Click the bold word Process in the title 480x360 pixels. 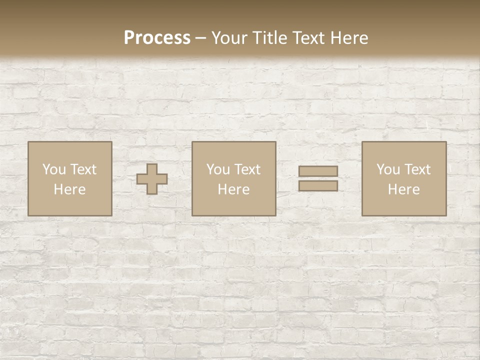[x=157, y=38]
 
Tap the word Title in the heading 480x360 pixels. [x=268, y=38]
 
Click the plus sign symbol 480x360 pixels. [x=152, y=179]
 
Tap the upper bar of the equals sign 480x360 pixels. [x=318, y=171]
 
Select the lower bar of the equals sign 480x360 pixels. [x=318, y=186]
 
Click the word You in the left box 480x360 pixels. [x=54, y=169]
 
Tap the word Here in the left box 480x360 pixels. [x=69, y=189]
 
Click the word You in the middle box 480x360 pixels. [x=218, y=169]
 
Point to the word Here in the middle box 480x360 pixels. [x=233, y=189]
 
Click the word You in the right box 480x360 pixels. [x=388, y=169]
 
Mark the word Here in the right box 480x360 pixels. [x=403, y=189]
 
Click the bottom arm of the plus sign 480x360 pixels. [x=152, y=189]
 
